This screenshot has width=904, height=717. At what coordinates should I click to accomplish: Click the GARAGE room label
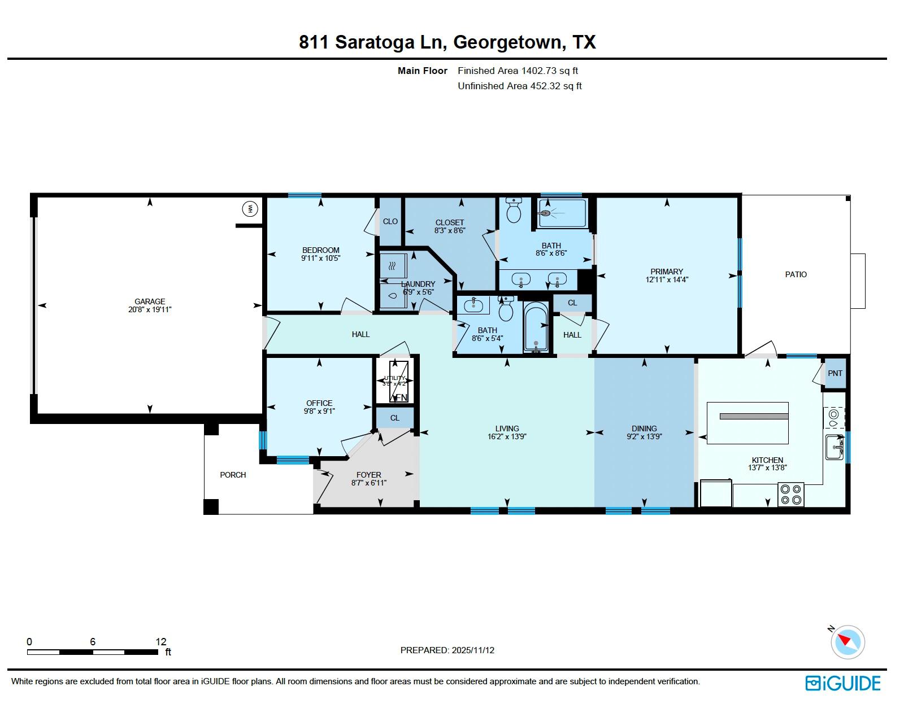[150, 301]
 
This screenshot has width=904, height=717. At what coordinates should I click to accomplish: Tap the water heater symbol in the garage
[250, 209]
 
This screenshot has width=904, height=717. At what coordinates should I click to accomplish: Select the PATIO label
[796, 274]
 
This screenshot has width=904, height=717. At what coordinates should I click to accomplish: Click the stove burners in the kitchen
[790, 495]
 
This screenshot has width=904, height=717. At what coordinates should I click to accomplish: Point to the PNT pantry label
[835, 373]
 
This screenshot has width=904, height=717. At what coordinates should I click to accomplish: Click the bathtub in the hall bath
[535, 327]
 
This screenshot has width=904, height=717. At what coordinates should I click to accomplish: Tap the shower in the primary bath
[562, 213]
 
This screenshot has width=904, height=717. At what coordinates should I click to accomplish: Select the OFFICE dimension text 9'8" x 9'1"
[319, 412]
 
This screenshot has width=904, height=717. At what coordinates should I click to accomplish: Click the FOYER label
[368, 475]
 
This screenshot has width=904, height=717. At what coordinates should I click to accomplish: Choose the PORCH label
[233, 475]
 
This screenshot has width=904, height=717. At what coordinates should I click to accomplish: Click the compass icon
[847, 642]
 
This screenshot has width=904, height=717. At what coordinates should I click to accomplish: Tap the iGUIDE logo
[842, 683]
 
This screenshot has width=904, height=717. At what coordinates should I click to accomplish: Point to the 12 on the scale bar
[161, 641]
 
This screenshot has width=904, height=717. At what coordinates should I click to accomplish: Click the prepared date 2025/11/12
[473, 650]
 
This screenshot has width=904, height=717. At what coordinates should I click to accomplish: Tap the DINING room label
[644, 429]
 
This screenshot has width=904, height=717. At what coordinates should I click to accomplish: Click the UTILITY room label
[394, 378]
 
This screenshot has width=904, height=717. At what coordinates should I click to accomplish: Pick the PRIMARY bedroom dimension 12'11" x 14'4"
[667, 279]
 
